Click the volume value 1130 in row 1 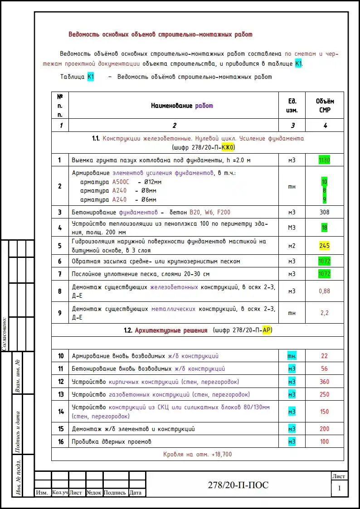click(x=325, y=160)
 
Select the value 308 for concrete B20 click(x=325, y=212)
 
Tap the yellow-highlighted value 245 click(x=325, y=246)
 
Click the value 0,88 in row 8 click(x=325, y=291)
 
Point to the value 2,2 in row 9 click(x=325, y=313)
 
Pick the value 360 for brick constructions click(x=325, y=382)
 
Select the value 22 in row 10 click(x=325, y=356)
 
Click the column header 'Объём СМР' click(x=325, y=106)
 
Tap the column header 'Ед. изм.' click(x=292, y=106)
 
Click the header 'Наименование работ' click(x=182, y=106)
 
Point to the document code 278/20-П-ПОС click(x=238, y=485)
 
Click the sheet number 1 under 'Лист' click(x=339, y=489)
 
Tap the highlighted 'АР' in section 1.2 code click(x=267, y=330)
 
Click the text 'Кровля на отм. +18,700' click(x=197, y=454)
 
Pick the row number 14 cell click(x=59, y=412)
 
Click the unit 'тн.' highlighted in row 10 click(x=292, y=356)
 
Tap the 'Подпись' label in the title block click(x=115, y=493)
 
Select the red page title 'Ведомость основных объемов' click(x=160, y=34)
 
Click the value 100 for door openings click(x=325, y=441)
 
